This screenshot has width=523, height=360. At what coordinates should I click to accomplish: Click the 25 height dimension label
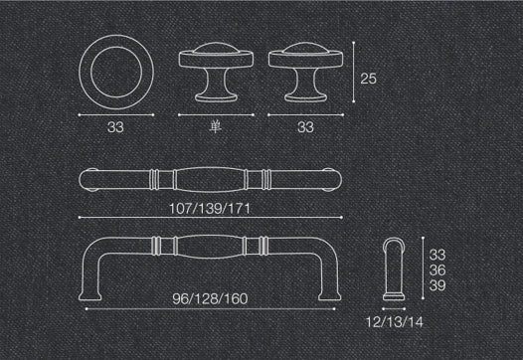368,79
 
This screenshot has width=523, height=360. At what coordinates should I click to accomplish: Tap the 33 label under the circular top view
115,127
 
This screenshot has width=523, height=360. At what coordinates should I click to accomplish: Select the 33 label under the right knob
305,127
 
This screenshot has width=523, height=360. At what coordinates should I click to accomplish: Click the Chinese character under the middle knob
216,127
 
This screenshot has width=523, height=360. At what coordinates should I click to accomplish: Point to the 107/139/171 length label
210,209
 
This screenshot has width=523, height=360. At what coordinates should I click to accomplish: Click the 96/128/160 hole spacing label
210,299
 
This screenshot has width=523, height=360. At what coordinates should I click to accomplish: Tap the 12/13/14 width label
395,322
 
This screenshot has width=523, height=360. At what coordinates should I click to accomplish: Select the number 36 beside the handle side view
437,270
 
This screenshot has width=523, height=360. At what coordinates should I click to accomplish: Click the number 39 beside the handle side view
437,285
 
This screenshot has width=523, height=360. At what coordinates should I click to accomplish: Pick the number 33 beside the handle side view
437,255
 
